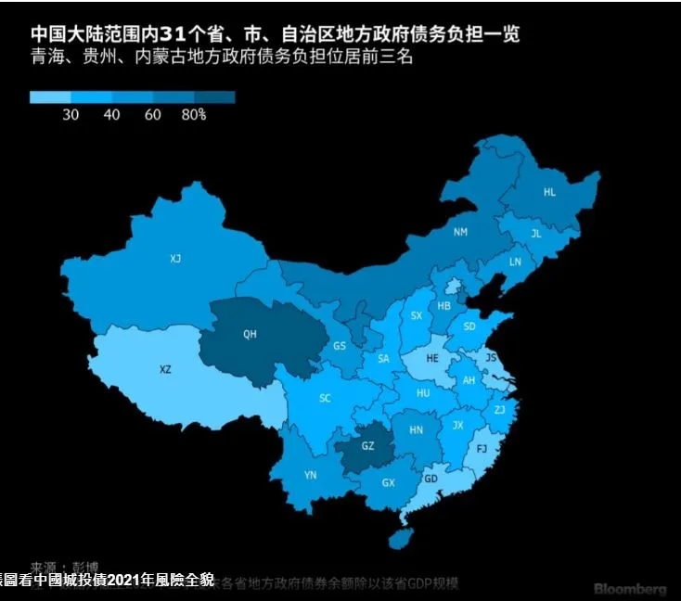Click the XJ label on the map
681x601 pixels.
pyautogui.click(x=175, y=258)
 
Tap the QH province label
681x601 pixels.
pyautogui.click(x=250, y=335)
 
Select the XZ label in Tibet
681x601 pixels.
pyautogui.click(x=165, y=369)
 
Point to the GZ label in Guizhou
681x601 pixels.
pyautogui.click(x=367, y=446)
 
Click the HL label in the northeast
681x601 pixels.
pyautogui.click(x=549, y=192)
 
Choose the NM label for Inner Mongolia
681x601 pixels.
pyautogui.click(x=460, y=232)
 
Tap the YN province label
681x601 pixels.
pyautogui.click(x=311, y=475)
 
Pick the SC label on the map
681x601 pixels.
pyautogui.click(x=325, y=399)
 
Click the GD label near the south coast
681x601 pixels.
pyautogui.click(x=430, y=480)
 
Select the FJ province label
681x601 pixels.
pyautogui.click(x=481, y=448)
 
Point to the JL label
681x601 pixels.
pyautogui.click(x=535, y=234)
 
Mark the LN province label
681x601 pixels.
pyautogui.click(x=516, y=262)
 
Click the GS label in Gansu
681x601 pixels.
pyautogui.click(x=340, y=346)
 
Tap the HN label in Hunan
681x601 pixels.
pyautogui.click(x=417, y=429)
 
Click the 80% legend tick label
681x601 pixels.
pyautogui.click(x=193, y=115)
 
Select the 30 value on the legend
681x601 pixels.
pyautogui.click(x=71, y=115)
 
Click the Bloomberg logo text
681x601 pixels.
pyautogui.click(x=630, y=590)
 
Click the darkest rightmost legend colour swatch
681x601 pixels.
pyautogui.click(x=214, y=96)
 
